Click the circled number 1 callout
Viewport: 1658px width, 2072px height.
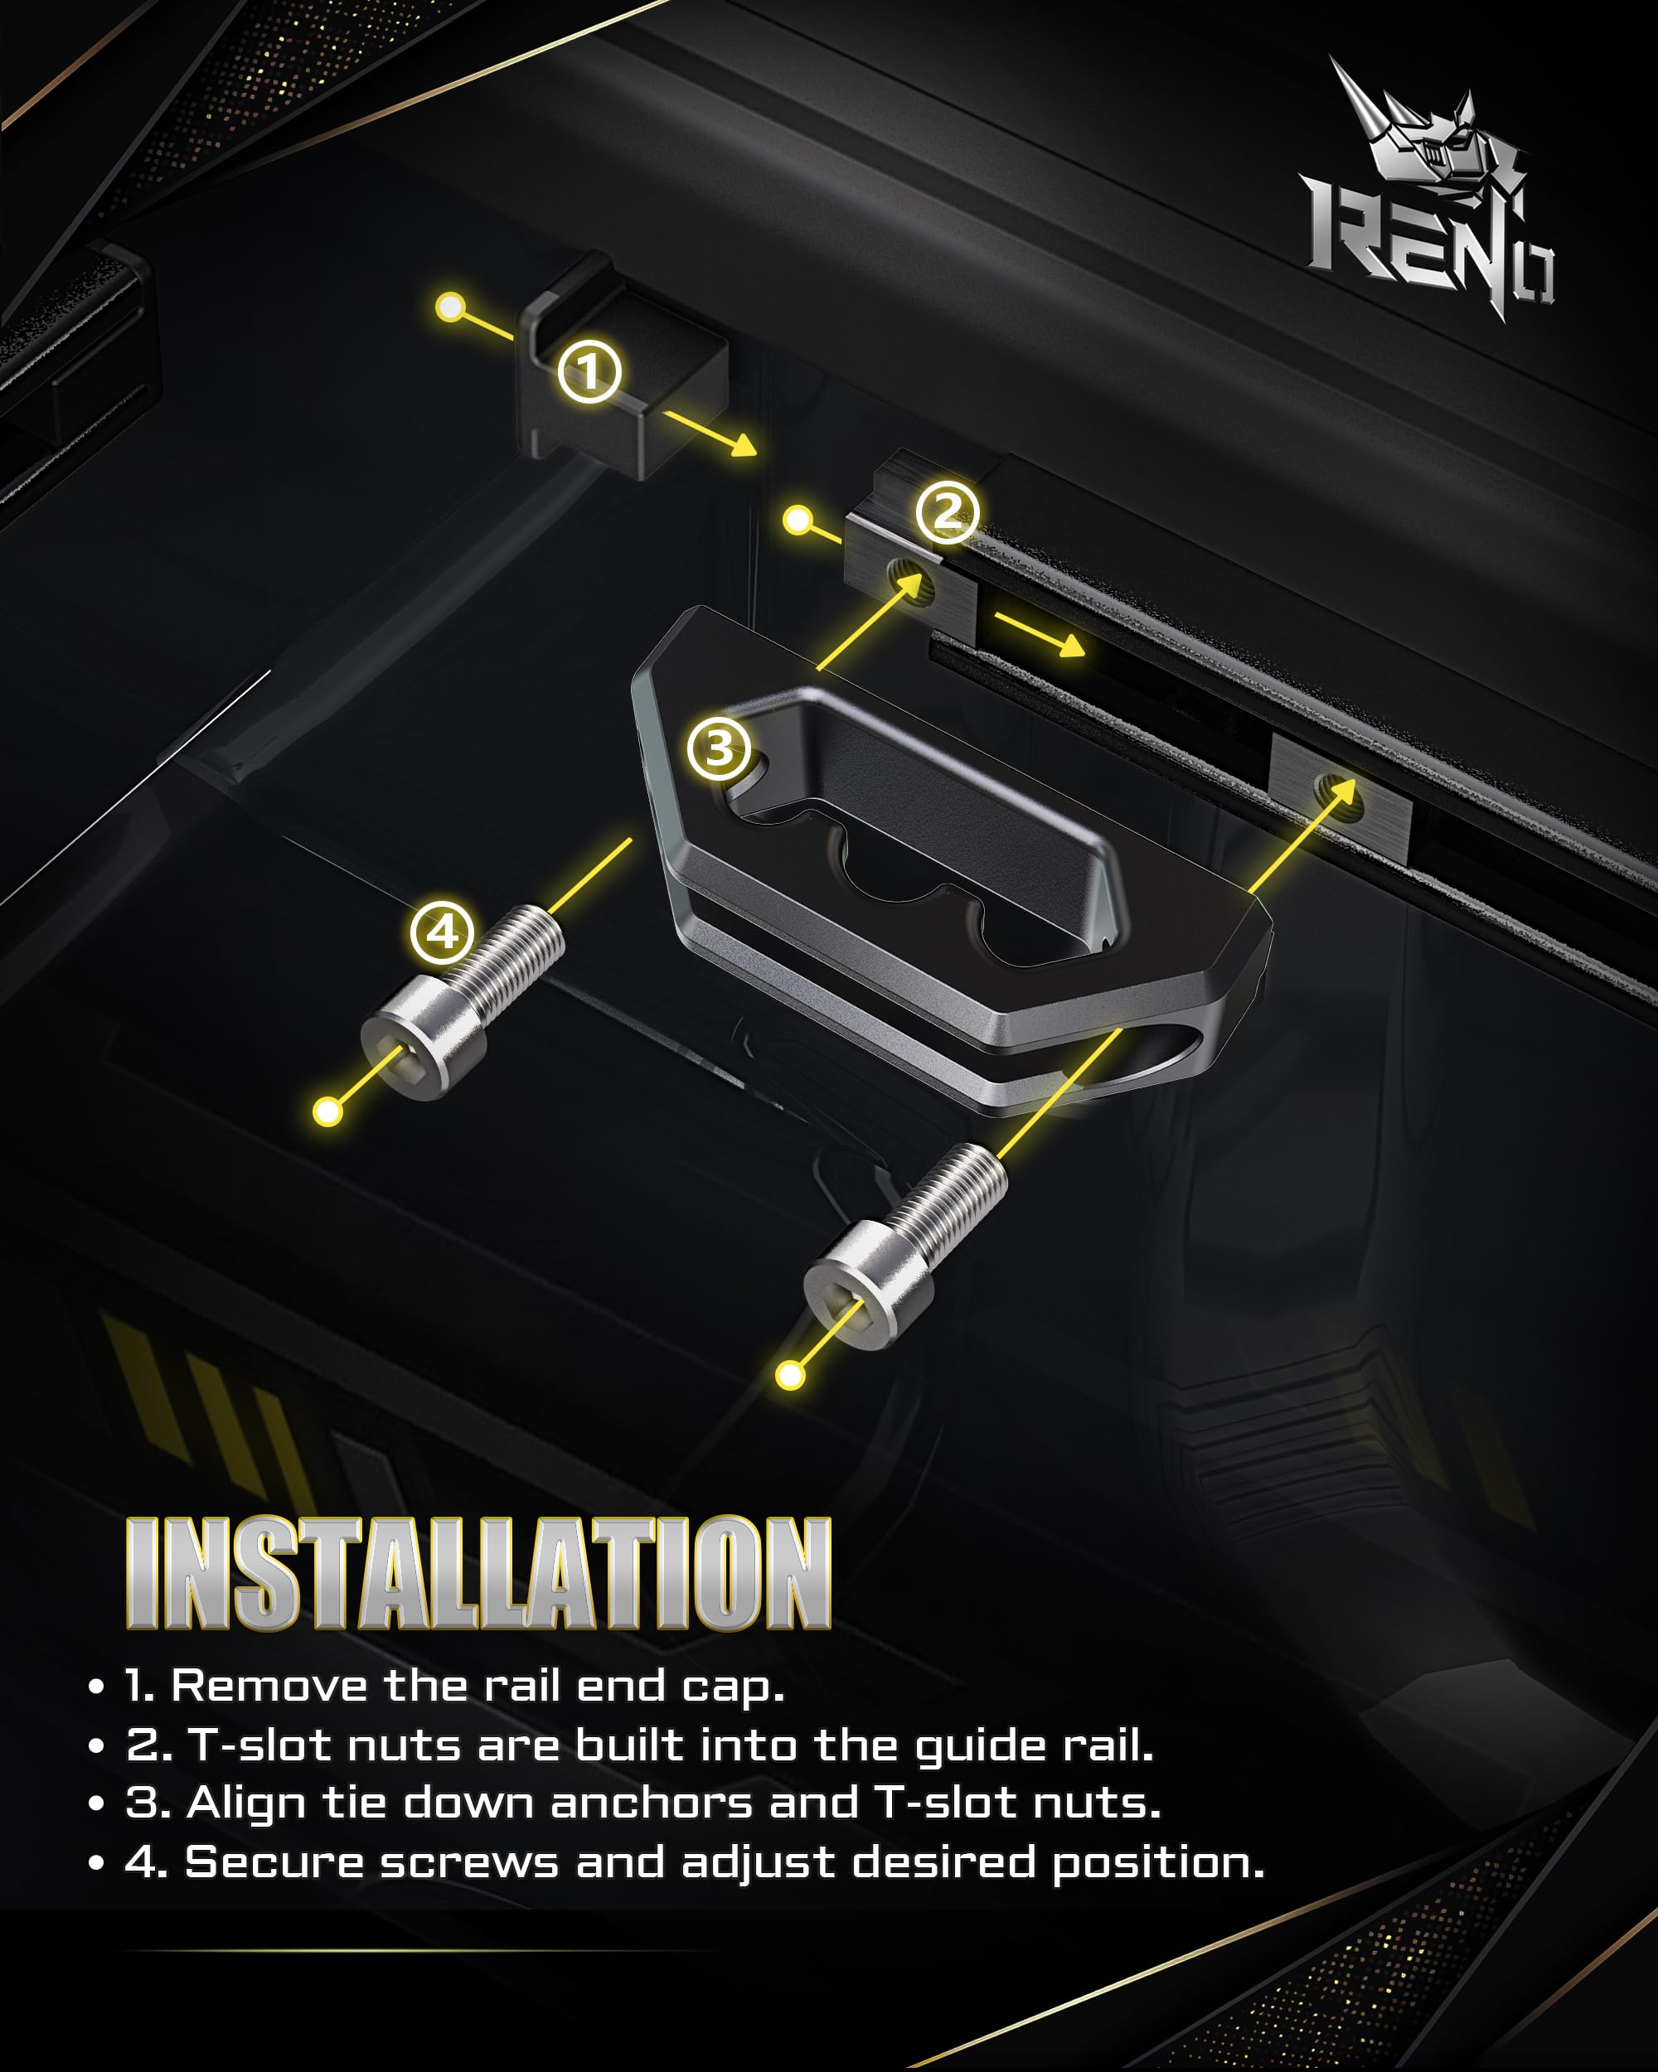(589, 371)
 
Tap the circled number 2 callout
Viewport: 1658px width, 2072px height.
(947, 511)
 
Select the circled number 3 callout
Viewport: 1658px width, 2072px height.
(719, 748)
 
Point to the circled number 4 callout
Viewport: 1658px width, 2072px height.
(442, 932)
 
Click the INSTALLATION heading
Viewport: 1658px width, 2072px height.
(478, 1573)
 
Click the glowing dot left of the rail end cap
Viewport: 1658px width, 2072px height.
(450, 307)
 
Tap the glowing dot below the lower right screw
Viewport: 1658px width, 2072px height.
(790, 1375)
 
